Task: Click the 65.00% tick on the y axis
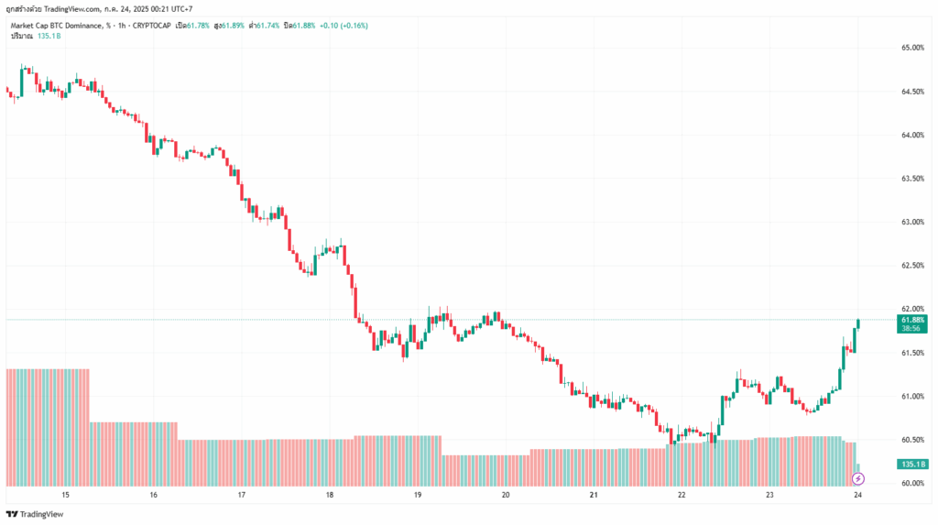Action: coord(912,48)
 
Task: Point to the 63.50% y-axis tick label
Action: coord(912,179)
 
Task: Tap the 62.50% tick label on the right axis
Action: coord(912,266)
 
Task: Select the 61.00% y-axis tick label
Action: coord(912,397)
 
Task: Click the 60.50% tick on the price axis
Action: coord(912,440)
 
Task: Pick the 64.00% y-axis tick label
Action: coord(912,136)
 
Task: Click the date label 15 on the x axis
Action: coord(65,496)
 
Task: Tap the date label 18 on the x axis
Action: coord(329,496)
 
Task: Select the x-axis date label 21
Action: coord(594,496)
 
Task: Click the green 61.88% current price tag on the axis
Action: coord(913,318)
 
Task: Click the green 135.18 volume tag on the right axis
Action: coord(912,465)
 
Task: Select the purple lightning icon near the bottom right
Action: coord(858,478)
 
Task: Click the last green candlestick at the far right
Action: coord(859,323)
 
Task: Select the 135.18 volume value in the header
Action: coord(49,36)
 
